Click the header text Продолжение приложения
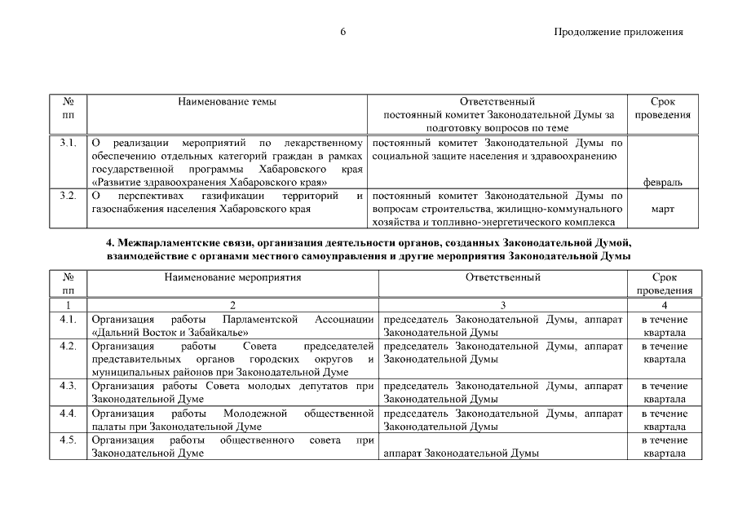pyautogui.click(x=617, y=33)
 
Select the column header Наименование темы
pyautogui.click(x=227, y=102)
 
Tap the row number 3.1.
pyautogui.click(x=68, y=143)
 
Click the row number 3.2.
pyautogui.click(x=68, y=196)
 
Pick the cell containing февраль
pyautogui.click(x=662, y=182)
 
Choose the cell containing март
pyautogui.click(x=662, y=209)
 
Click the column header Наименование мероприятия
pyautogui.click(x=232, y=277)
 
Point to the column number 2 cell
pyautogui.click(x=232, y=305)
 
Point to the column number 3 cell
pyautogui.click(x=503, y=305)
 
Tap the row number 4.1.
pyautogui.click(x=68, y=319)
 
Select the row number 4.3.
pyautogui.click(x=68, y=386)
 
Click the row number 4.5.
pyautogui.click(x=68, y=440)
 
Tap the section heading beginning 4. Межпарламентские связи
pyautogui.click(x=369, y=244)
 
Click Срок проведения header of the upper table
pyautogui.click(x=662, y=108)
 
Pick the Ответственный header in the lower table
pyautogui.click(x=503, y=277)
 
